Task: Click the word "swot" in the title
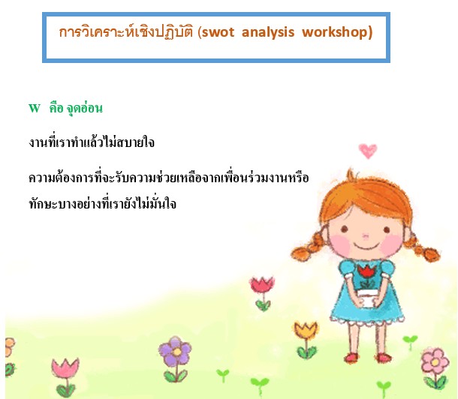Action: (x=218, y=32)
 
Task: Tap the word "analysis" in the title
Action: (x=268, y=32)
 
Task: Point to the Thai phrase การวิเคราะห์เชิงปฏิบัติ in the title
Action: (x=126, y=31)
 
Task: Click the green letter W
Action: (x=35, y=108)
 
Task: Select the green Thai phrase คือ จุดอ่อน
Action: (x=76, y=108)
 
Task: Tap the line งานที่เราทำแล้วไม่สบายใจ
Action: (x=92, y=142)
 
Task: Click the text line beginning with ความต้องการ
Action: (x=168, y=177)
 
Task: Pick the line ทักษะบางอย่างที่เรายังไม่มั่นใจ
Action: (x=103, y=203)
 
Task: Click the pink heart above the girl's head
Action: (x=368, y=151)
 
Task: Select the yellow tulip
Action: (x=306, y=330)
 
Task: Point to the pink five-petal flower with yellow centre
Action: (x=435, y=362)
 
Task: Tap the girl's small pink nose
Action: (x=366, y=235)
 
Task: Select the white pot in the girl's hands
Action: (x=366, y=298)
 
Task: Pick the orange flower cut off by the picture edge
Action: (x=10, y=347)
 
